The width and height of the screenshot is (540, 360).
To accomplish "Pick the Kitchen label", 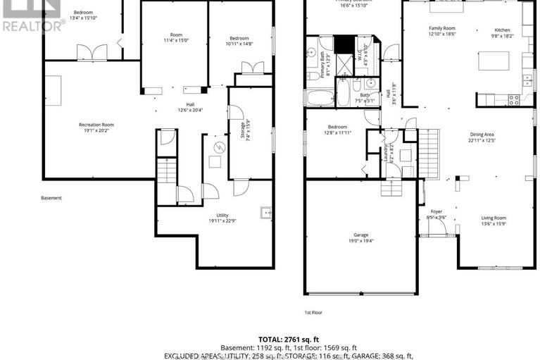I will [x=502, y=30].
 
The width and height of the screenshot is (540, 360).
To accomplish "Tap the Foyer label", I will [x=437, y=211].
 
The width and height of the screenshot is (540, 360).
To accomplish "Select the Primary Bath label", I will [x=326, y=67].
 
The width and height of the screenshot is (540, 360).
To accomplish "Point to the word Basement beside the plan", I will [x=51, y=198].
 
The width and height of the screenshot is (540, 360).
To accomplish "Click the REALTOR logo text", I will [x=32, y=26].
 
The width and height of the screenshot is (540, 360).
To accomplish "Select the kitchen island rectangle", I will [x=494, y=61].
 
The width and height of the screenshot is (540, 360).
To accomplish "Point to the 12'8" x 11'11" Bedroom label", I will [x=337, y=132].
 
